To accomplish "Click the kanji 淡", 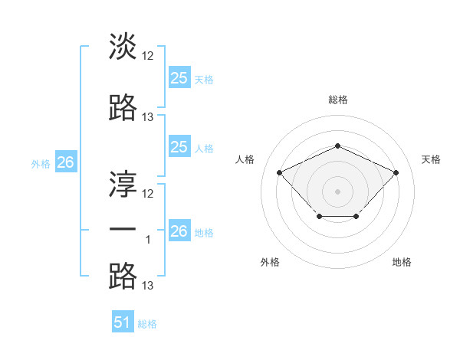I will (x=123, y=47).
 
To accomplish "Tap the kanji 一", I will (x=123, y=231).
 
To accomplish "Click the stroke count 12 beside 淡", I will (x=148, y=56).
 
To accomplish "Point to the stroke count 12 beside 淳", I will (x=148, y=194).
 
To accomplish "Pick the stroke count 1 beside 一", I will (x=148, y=240).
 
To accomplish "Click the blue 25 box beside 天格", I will (x=179, y=78).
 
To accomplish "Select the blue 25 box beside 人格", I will (x=179, y=148).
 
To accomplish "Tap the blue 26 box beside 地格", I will (x=179, y=231).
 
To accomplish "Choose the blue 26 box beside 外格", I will (x=65, y=162).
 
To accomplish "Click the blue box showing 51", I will (x=122, y=322).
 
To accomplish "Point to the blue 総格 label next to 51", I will (x=147, y=324).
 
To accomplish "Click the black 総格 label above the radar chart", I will (x=337, y=100).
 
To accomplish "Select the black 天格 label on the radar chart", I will (x=431, y=159).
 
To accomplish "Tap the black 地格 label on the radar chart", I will (x=402, y=262).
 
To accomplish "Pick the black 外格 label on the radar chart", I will (x=270, y=262).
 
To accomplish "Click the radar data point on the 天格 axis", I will (x=396, y=172).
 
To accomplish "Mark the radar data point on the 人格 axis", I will (x=280, y=172).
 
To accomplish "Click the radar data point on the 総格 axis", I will (x=337, y=146).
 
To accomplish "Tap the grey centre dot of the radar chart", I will (x=337, y=191).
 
